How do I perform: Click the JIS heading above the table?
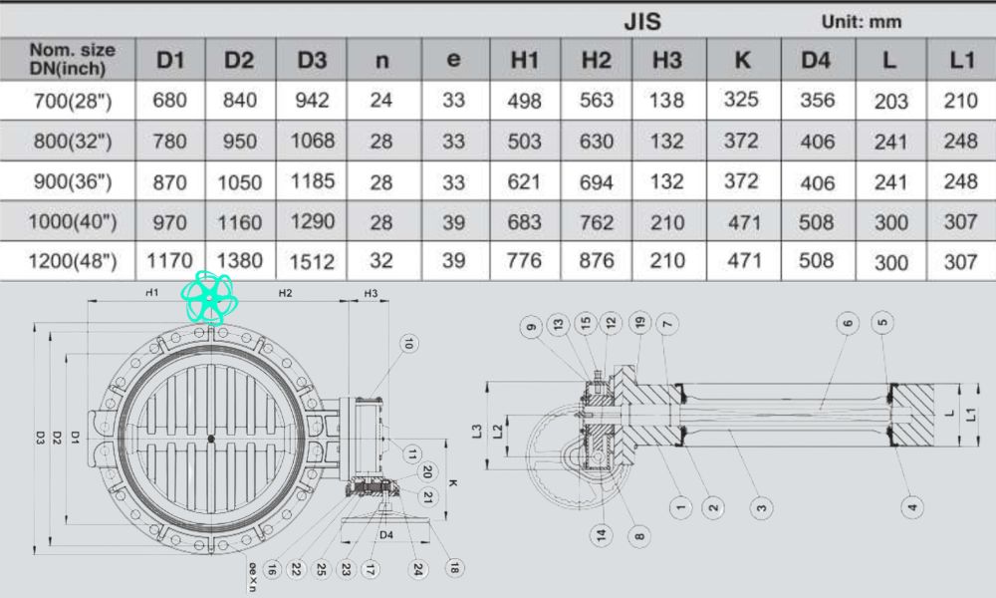click(x=642, y=22)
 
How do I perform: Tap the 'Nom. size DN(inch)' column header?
click(x=72, y=60)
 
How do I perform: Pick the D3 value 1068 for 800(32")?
click(x=312, y=141)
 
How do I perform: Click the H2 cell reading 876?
click(x=596, y=261)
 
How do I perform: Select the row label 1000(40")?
click(x=72, y=221)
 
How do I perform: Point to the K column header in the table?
click(x=742, y=60)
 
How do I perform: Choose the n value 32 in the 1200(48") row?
click(x=381, y=261)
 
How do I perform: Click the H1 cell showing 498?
click(x=524, y=101)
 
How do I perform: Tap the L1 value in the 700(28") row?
click(x=960, y=101)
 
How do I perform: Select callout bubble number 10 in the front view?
click(x=408, y=344)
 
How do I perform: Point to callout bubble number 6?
click(x=849, y=322)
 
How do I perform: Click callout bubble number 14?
click(x=602, y=535)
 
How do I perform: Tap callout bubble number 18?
click(x=455, y=568)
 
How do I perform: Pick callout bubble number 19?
click(x=639, y=322)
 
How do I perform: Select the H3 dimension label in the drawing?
click(x=370, y=294)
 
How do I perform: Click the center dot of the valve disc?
click(x=211, y=438)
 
